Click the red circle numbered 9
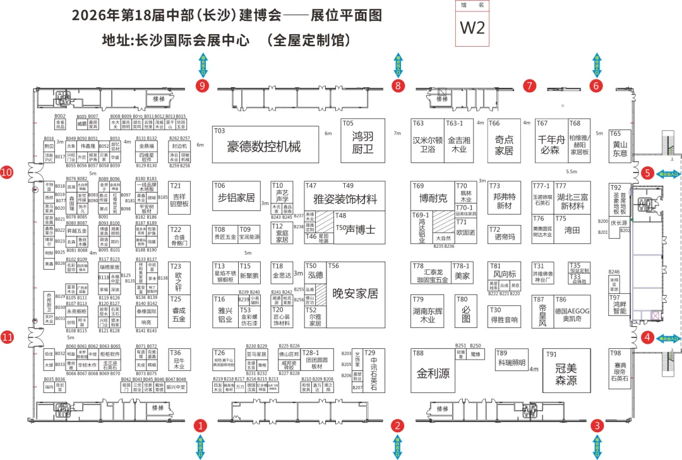pos(203,85)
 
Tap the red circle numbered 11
pos(8,337)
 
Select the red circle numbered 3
pos(597,425)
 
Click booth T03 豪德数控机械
pos(265,145)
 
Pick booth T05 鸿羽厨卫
pos(362,142)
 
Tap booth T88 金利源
pos(433,373)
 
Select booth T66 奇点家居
pos(504,145)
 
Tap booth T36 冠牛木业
pos(179,361)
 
